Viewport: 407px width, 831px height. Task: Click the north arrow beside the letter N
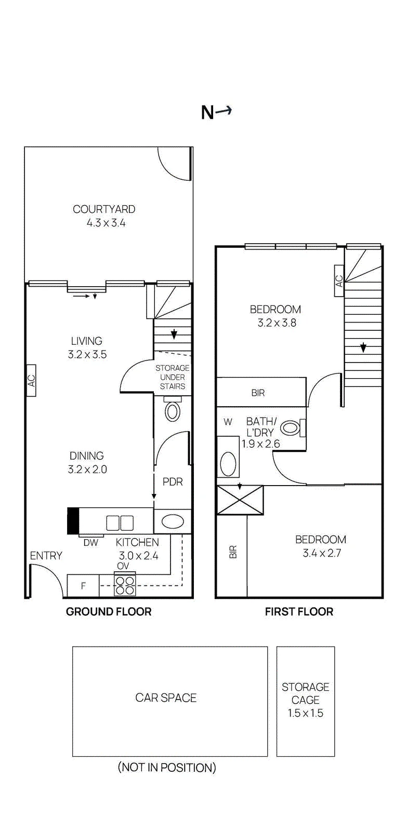[224, 110]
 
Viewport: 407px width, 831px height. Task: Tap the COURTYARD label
[104, 209]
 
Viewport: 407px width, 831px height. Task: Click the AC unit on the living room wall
[32, 381]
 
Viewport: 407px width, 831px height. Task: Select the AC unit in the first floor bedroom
[339, 281]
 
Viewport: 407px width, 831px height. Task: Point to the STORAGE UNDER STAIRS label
[172, 377]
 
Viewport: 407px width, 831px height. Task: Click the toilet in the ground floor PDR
[173, 409]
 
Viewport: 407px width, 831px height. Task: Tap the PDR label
[173, 482]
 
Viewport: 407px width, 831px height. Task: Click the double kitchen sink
[120, 523]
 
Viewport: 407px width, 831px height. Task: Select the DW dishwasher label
[90, 543]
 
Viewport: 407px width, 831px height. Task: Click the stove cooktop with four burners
[125, 585]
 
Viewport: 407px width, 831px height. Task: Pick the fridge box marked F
[83, 586]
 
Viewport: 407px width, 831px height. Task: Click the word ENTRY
[46, 556]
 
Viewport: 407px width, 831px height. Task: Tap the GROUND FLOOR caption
[109, 612]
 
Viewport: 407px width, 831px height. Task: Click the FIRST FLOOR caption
[299, 612]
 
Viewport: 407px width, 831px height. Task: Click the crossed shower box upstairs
[240, 500]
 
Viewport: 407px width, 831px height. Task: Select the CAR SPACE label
[166, 698]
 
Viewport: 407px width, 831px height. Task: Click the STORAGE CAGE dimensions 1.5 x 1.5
[306, 713]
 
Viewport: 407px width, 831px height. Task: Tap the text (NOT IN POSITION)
[167, 767]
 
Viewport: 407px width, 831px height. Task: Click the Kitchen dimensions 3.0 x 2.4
[138, 556]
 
